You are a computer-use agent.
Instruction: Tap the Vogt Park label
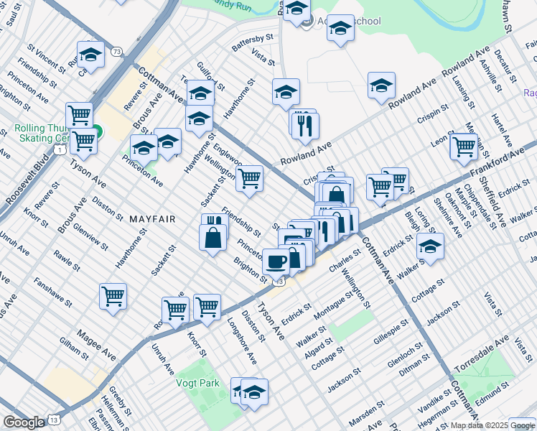pos(198,383)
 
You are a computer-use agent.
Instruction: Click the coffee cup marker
pos(276,260)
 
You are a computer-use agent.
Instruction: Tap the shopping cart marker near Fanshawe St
pos(113,295)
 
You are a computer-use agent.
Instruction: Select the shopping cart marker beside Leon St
pos(464,146)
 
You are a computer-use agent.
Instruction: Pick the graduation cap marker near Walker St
pos(430,246)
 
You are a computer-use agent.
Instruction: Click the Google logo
pos(24,422)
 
